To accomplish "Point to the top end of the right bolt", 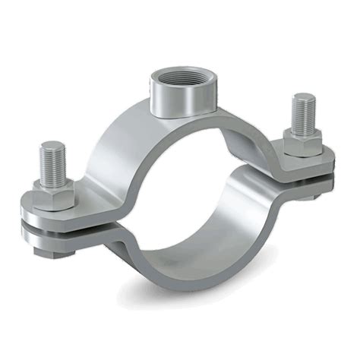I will coord(305,96).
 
